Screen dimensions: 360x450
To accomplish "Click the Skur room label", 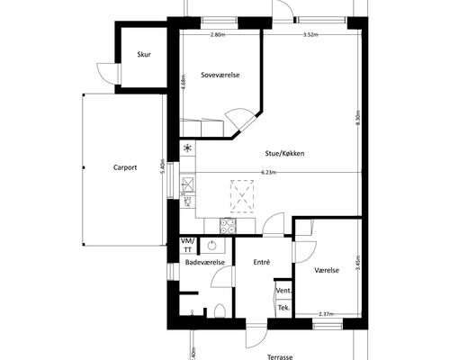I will tap(143, 55).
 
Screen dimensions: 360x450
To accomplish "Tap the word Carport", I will tap(125, 166).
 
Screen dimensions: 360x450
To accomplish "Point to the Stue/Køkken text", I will tap(284, 153).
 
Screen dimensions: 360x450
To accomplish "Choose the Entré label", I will tap(261, 262).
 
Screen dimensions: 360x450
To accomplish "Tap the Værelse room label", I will tap(326, 269).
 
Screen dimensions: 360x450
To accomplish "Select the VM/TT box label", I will tap(187, 245).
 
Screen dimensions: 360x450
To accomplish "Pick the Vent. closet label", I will tap(283, 291).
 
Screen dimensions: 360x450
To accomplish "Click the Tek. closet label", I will tap(283, 308).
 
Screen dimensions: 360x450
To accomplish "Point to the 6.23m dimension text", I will tap(268, 172).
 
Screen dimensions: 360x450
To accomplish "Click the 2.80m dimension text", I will tap(217, 35).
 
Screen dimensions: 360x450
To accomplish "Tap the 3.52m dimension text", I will tap(311, 35).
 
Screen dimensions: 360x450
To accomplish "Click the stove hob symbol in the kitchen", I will tap(229, 226).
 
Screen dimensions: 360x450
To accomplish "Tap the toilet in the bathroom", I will tap(220, 310).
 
